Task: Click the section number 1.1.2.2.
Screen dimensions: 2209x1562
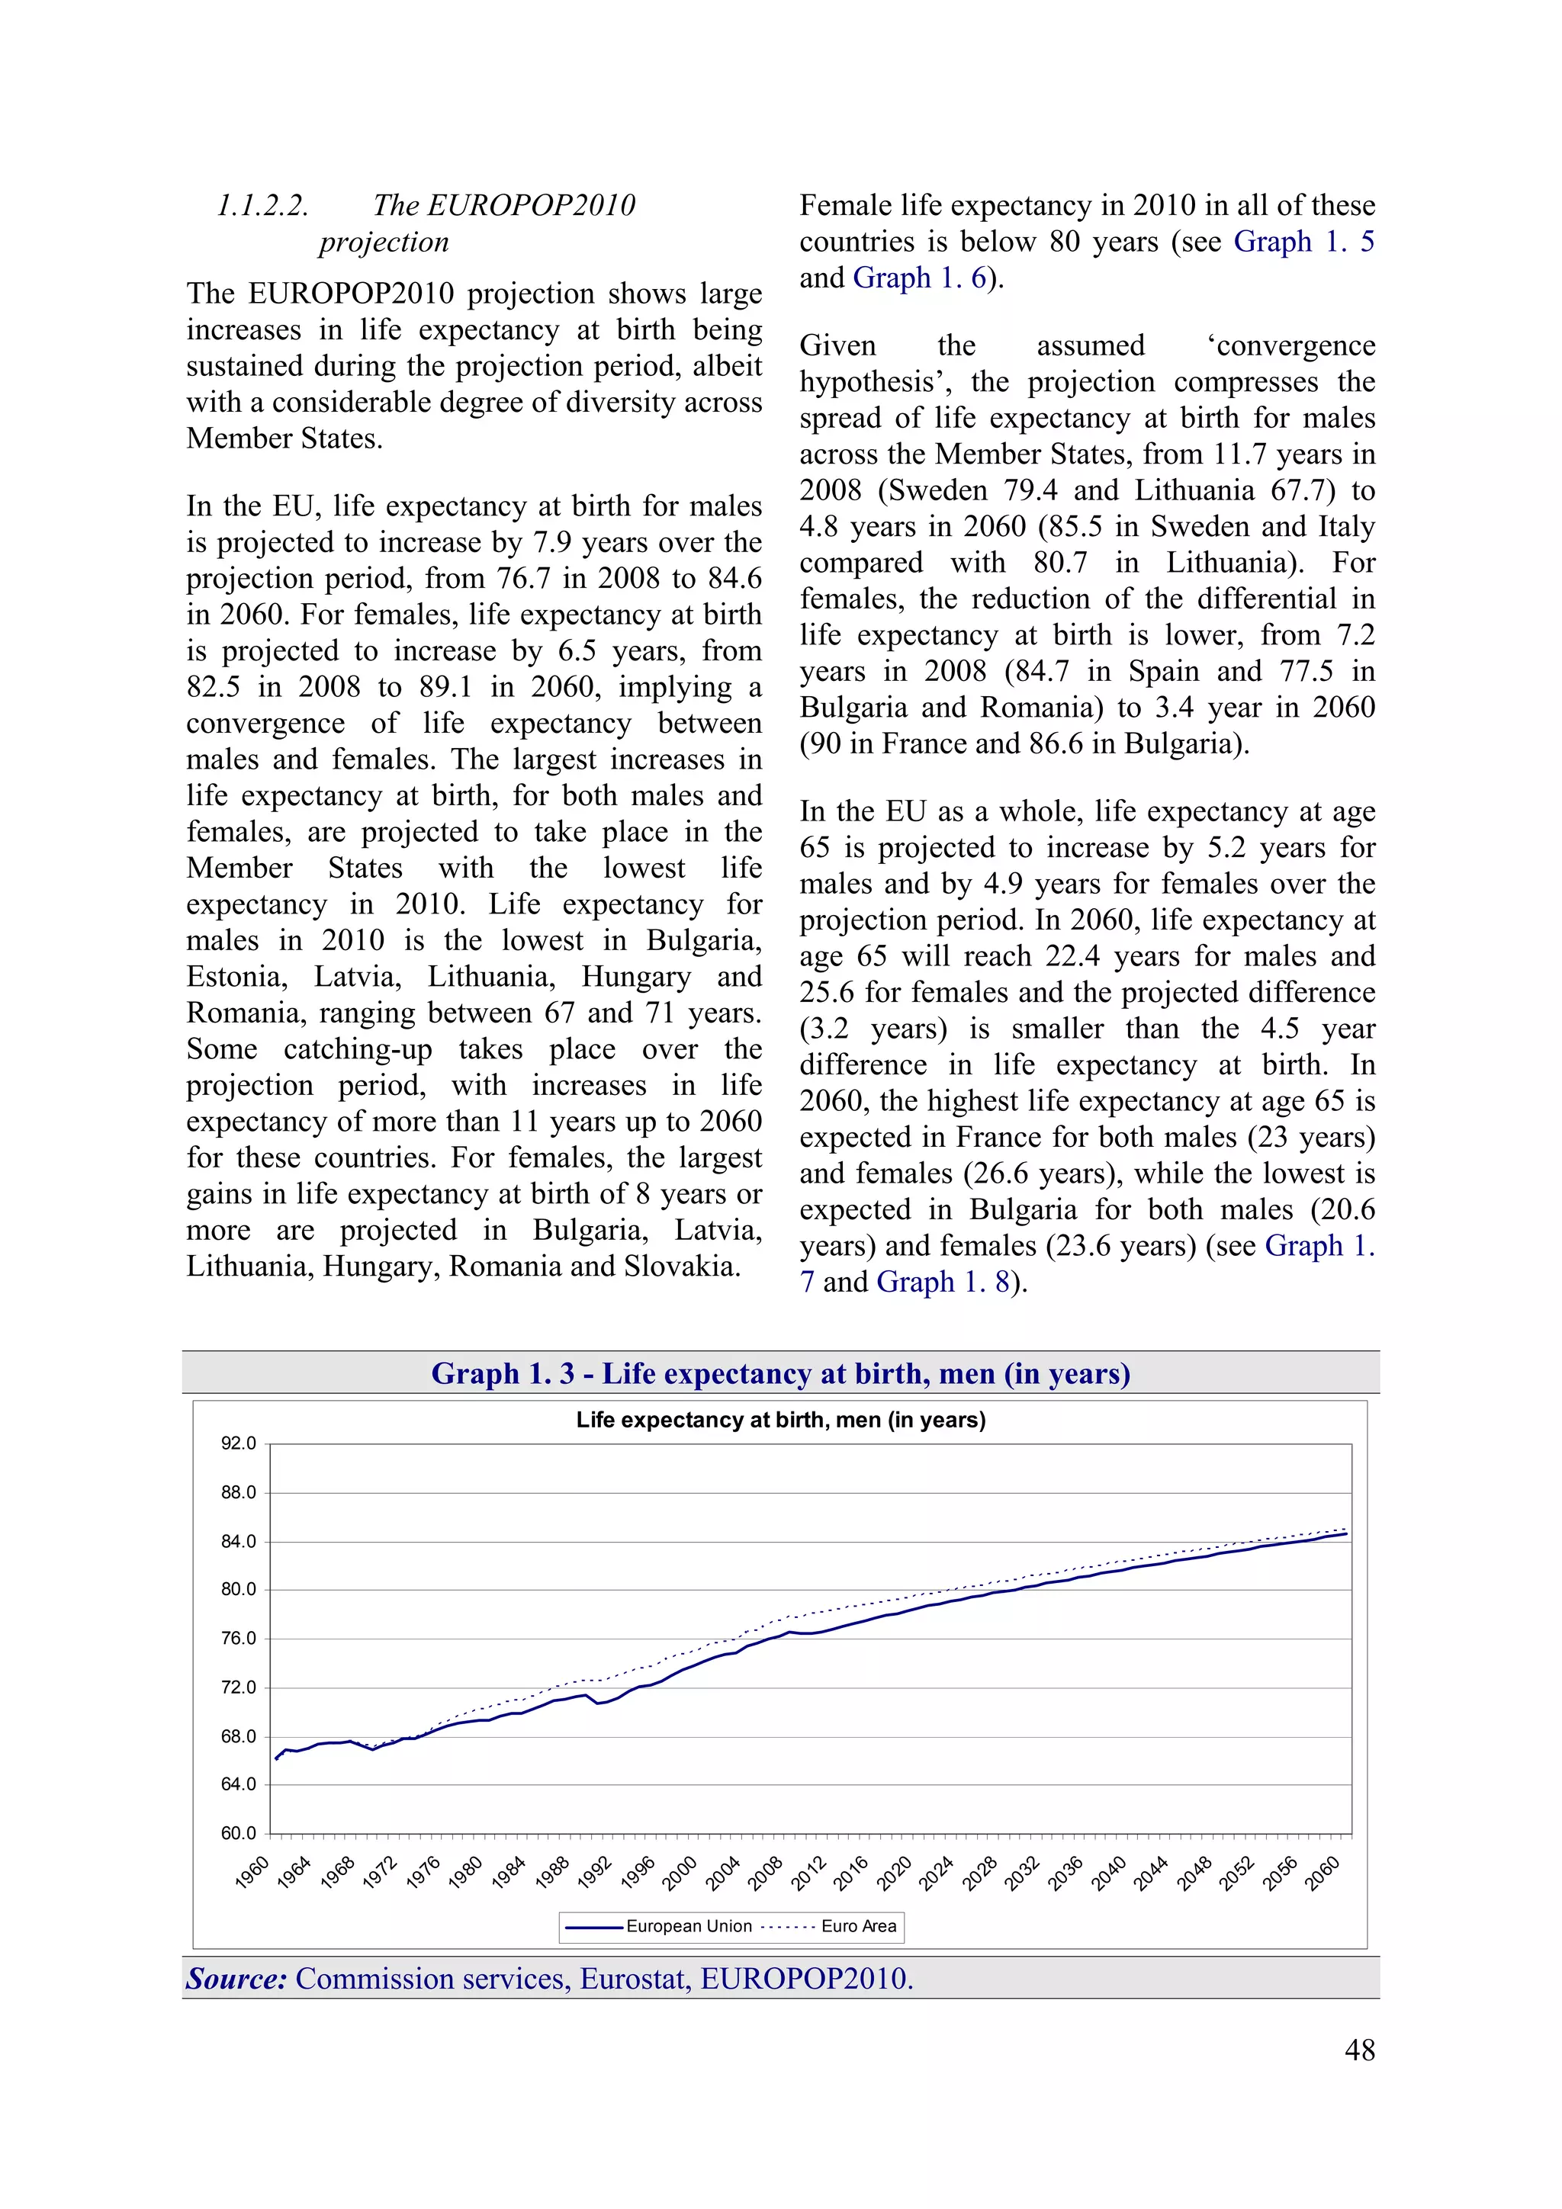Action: tap(262, 205)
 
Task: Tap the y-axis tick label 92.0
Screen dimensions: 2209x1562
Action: tap(239, 1443)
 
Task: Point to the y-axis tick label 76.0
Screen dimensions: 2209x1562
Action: tap(239, 1639)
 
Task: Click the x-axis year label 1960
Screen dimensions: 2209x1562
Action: tap(253, 1874)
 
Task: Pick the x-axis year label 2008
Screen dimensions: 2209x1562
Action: tap(766, 1874)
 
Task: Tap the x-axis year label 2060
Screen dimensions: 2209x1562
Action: tap(1323, 1874)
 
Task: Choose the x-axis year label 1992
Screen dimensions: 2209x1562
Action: tap(595, 1874)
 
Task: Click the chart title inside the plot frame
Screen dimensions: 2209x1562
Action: tap(780, 1420)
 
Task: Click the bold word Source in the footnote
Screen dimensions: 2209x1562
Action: tap(236, 1978)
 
